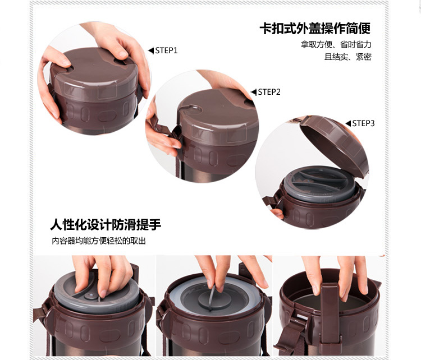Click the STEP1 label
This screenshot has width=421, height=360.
coord(167,50)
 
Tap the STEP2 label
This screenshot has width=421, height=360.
coord(269,92)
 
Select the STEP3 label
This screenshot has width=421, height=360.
coord(363,123)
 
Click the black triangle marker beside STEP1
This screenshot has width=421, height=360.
coord(151,50)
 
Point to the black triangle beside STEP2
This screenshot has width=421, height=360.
coord(254,92)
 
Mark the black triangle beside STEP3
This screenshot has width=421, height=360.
coord(348,123)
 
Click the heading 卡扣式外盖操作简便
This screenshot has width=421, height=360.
coord(315,29)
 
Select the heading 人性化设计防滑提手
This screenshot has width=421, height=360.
coord(106,224)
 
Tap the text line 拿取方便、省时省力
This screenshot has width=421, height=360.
coord(336,44)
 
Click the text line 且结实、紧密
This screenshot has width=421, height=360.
coord(348,57)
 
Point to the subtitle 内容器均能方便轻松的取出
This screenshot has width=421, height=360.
coord(99,241)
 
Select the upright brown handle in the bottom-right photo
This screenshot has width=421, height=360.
coord(330,314)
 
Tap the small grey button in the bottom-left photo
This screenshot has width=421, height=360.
coord(90,296)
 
